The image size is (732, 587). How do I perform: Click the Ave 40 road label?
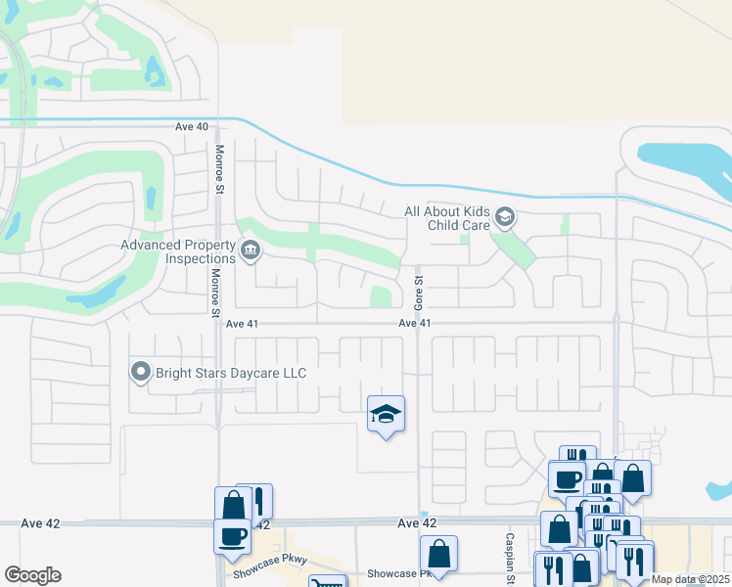(192, 127)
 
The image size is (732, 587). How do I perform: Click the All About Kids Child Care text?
(447, 218)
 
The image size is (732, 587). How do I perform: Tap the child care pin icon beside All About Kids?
(505, 216)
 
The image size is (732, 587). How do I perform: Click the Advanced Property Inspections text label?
(178, 251)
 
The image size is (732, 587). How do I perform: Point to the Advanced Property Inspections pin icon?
(250, 251)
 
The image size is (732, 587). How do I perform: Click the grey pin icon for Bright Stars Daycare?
(141, 372)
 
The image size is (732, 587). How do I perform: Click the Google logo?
(32, 575)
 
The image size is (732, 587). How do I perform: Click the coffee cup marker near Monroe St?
(232, 536)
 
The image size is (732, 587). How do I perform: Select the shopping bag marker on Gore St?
(438, 553)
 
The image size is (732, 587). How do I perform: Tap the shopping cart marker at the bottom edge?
(327, 583)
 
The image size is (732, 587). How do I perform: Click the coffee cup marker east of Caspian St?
(566, 478)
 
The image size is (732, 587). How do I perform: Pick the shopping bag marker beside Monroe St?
(233, 506)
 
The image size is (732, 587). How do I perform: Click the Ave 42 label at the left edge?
(39, 523)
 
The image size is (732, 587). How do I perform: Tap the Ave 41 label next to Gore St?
(415, 323)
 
